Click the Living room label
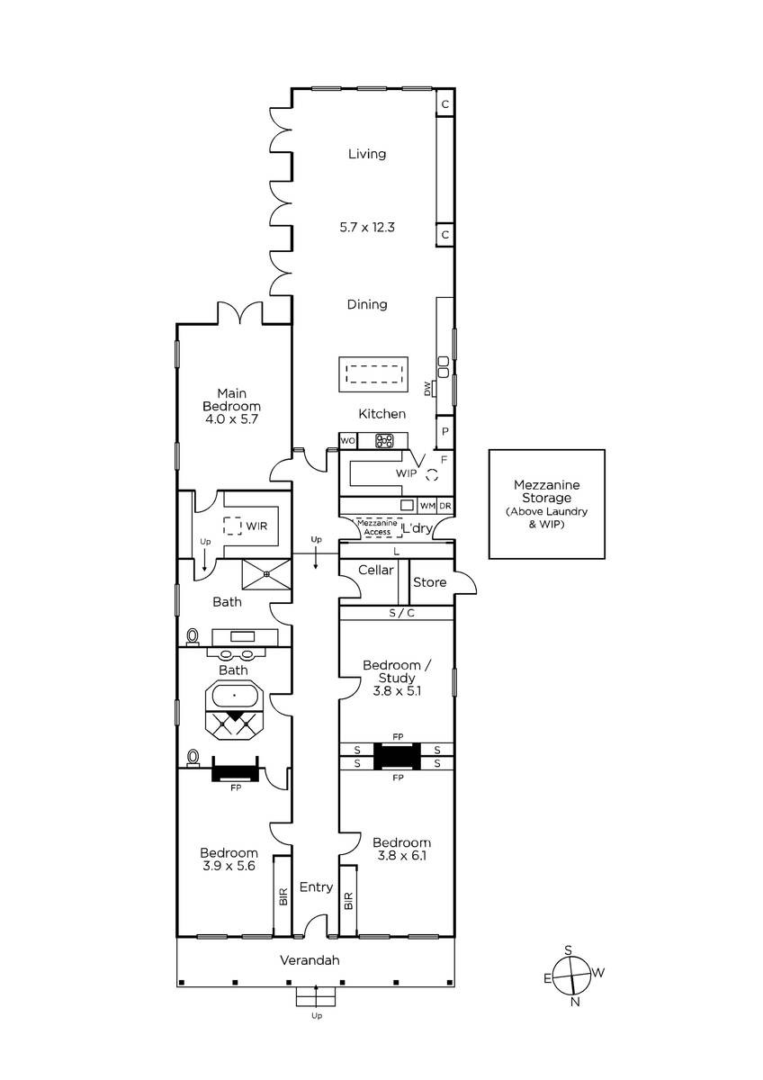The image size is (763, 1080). pyautogui.click(x=367, y=154)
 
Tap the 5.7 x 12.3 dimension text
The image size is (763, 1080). pyautogui.click(x=367, y=227)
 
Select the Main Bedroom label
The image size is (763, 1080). pyautogui.click(x=232, y=400)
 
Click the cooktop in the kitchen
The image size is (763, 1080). pyautogui.click(x=384, y=441)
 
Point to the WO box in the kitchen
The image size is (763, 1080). pyautogui.click(x=348, y=441)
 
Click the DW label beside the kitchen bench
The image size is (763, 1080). pyautogui.click(x=427, y=389)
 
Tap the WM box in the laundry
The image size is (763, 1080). pyautogui.click(x=427, y=506)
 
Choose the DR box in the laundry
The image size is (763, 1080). pyautogui.click(x=445, y=506)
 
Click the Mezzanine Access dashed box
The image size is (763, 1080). pyautogui.click(x=377, y=527)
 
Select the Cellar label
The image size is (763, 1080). pyautogui.click(x=376, y=570)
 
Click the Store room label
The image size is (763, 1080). pyautogui.click(x=429, y=582)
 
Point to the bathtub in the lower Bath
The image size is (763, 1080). pyautogui.click(x=234, y=695)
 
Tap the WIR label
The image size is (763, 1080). pyautogui.click(x=256, y=526)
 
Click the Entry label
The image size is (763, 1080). pyautogui.click(x=316, y=887)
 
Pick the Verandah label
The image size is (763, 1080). pyautogui.click(x=310, y=960)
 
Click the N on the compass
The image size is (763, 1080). pyautogui.click(x=575, y=1002)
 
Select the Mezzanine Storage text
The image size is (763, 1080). pyautogui.click(x=546, y=491)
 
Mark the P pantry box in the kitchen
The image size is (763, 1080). pyautogui.click(x=444, y=431)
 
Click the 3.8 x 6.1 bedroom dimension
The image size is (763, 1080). pyautogui.click(x=401, y=856)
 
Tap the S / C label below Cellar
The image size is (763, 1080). pyautogui.click(x=401, y=613)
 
